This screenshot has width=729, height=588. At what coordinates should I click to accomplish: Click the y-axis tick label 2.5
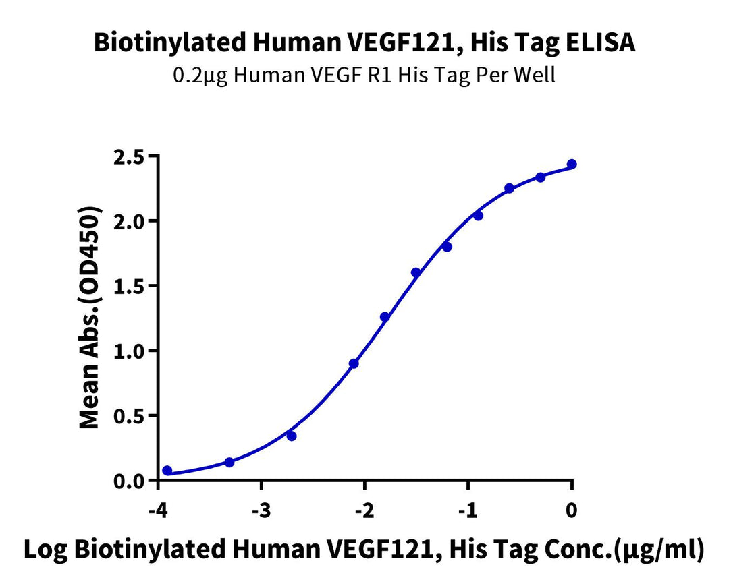pos(130,156)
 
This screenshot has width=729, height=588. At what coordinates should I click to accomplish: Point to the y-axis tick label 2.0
pos(130,221)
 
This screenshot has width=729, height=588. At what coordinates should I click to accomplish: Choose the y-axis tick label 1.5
pos(130,286)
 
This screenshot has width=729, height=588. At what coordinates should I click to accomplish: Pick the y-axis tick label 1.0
pos(130,351)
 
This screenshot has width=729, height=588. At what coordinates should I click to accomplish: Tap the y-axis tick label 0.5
pos(130,415)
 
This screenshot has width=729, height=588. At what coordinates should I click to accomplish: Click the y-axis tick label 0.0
pos(130,481)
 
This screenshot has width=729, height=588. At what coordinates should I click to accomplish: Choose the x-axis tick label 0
pos(572,510)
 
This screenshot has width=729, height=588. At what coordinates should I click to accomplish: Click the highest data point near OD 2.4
pos(572,164)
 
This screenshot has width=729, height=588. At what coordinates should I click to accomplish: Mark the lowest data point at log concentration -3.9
pos(167,471)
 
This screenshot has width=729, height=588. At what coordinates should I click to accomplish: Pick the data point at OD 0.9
pos(354,363)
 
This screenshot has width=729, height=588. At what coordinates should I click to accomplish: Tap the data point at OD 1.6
pos(416,272)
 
